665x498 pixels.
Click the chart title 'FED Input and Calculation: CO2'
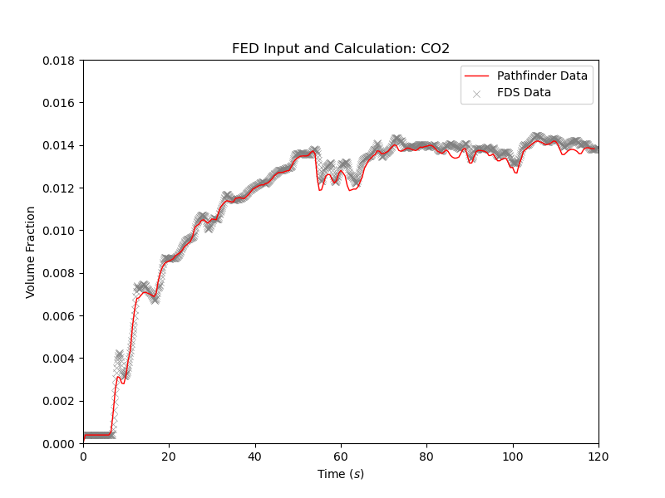coord(341,49)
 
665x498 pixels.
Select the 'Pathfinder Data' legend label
coord(548,76)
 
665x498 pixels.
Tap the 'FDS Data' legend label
coord(530,92)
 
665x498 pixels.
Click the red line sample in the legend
coord(477,76)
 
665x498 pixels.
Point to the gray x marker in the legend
coord(477,93)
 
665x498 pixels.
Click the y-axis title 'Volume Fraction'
coord(31,252)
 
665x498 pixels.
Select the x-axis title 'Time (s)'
coord(341,474)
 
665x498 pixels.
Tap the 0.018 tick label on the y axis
coord(59,61)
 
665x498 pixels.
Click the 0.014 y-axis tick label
coord(59,146)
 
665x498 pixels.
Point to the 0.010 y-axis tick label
coord(59,231)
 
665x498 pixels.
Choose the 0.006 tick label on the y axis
coord(59,316)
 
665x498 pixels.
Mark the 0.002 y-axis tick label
coord(59,401)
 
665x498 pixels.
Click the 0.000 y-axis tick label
coord(59,443)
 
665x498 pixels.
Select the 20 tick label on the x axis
coord(169,456)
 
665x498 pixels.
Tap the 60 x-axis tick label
coord(341,456)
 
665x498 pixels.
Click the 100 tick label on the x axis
coord(513,456)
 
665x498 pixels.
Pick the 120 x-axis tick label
coord(598,456)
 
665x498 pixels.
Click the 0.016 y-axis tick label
coord(59,103)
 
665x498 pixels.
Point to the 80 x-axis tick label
coord(426,456)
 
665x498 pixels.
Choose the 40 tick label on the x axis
coord(255,456)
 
